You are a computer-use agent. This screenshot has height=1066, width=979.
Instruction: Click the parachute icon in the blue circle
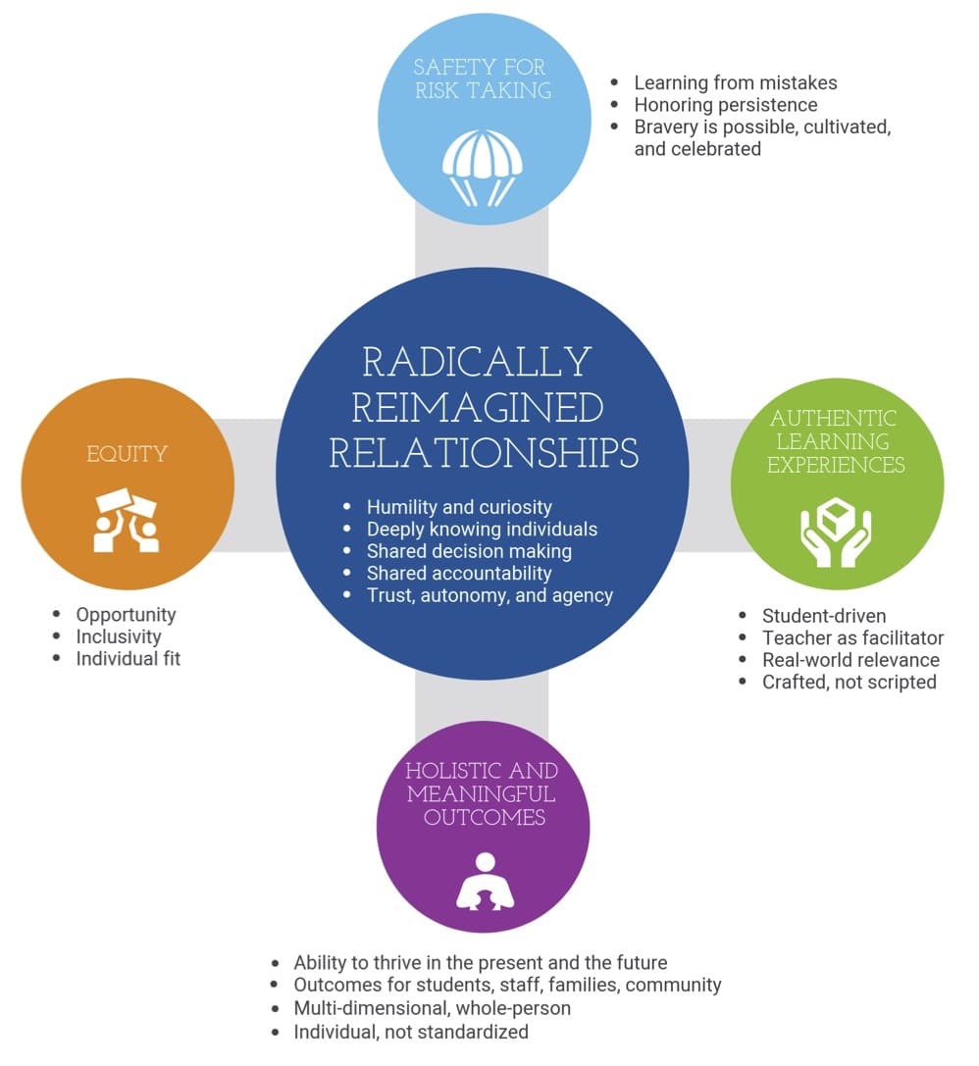click(x=483, y=168)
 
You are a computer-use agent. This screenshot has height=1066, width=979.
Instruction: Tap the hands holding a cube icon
click(x=836, y=533)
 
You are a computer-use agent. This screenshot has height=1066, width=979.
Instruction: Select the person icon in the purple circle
click(x=485, y=882)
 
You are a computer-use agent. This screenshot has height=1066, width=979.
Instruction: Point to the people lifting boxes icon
click(x=127, y=520)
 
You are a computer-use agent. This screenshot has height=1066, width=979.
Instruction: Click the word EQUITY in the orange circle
click(x=127, y=453)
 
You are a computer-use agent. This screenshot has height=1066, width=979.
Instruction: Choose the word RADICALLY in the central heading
click(x=477, y=362)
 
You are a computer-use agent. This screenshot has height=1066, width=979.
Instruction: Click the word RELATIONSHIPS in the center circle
click(x=484, y=453)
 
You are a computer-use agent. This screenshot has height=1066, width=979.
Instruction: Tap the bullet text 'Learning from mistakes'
click(x=736, y=83)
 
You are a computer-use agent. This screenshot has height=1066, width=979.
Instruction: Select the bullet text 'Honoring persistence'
click(x=725, y=105)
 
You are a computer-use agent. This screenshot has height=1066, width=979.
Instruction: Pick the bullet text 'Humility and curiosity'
click(x=459, y=507)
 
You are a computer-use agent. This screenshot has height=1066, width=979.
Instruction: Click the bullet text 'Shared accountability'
click(x=459, y=573)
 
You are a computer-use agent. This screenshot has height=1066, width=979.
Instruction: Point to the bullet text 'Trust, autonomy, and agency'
click(x=489, y=595)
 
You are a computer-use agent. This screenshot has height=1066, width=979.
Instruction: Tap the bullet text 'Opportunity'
click(x=126, y=615)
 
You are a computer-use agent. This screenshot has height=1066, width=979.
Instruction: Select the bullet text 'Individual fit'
click(x=128, y=658)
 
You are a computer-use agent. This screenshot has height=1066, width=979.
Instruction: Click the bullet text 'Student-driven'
click(x=824, y=616)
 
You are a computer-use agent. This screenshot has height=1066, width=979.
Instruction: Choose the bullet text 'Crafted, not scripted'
click(x=850, y=682)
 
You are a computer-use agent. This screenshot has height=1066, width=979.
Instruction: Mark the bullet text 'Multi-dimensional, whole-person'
click(x=432, y=1007)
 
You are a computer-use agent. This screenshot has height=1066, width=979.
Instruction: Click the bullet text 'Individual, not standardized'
click(x=411, y=1032)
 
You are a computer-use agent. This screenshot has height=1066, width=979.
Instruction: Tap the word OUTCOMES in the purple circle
click(x=484, y=817)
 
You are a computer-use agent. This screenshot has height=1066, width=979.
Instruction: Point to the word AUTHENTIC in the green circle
click(x=834, y=418)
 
